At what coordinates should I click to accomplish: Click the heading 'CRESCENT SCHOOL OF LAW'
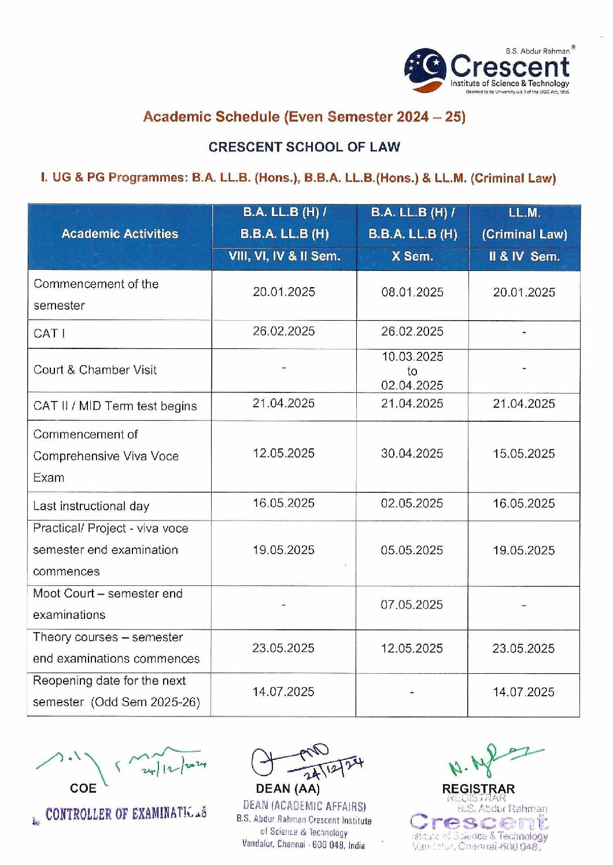coord(304,147)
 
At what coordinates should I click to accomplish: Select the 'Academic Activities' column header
coord(120,234)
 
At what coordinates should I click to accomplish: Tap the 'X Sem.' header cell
coord(412,257)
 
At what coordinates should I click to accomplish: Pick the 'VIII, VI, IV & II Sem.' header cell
coord(284,257)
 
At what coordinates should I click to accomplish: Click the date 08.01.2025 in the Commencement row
coord(412,292)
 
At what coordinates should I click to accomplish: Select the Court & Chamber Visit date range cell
coord(412,371)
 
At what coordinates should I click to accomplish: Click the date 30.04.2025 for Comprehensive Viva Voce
coord(412,454)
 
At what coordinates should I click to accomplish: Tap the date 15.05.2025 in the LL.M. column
coord(523,454)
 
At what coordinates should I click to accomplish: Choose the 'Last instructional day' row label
coord(91,506)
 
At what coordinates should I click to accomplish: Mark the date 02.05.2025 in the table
coord(412,503)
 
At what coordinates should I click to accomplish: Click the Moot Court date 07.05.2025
coord(412,605)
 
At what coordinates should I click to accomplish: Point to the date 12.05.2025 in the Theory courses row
coord(412,648)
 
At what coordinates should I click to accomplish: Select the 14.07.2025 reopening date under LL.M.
coord(523,692)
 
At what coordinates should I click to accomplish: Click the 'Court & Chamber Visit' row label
coord(95,370)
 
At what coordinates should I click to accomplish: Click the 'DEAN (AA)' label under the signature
coord(287,789)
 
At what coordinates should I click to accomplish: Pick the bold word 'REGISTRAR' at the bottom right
coord(478,789)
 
